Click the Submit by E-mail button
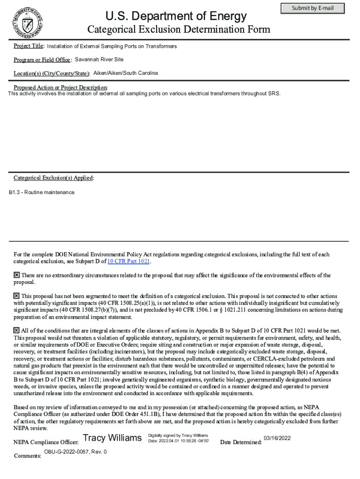312,8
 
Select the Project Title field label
29,46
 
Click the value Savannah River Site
99,59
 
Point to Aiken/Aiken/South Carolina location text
125,73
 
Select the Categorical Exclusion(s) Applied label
54,178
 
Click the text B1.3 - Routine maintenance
42,192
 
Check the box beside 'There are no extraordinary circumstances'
16,275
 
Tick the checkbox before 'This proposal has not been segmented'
16,296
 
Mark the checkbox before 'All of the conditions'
16,330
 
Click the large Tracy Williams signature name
112,438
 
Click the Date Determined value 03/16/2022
277,438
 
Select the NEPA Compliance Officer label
45,442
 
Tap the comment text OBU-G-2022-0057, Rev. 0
75,452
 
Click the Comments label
27,456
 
